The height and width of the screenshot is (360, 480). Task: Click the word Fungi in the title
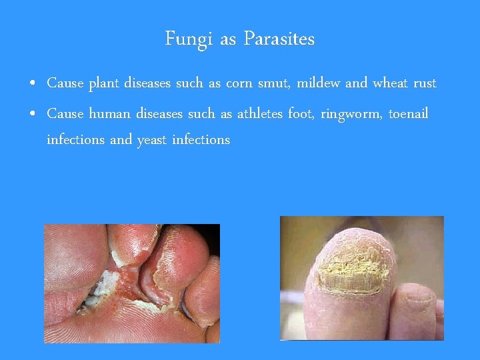pyautogui.click(x=189, y=40)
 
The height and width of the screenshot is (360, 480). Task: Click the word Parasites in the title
pyautogui.click(x=279, y=40)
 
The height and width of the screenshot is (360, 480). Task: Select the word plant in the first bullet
pyautogui.click(x=104, y=84)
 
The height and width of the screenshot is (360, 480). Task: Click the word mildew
pyautogui.click(x=319, y=83)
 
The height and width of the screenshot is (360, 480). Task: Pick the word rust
pyautogui.click(x=425, y=84)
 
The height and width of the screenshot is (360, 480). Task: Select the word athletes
pyautogui.click(x=260, y=114)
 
